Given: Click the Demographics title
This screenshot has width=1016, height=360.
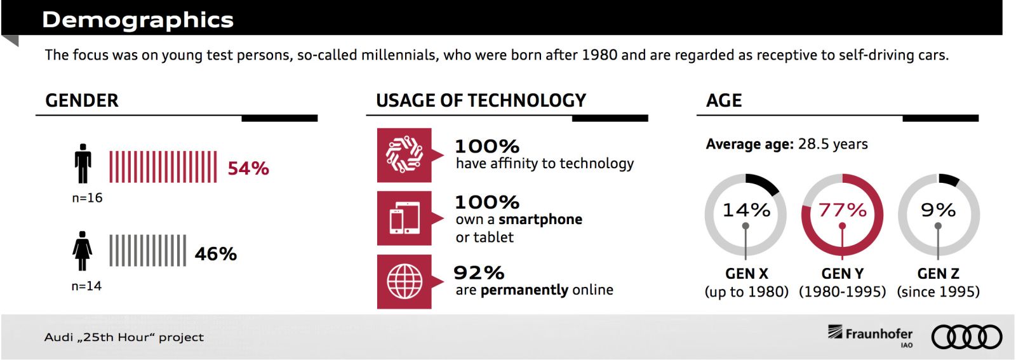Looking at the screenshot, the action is tap(137, 20).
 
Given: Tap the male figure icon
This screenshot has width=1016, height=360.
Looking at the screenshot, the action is tap(83, 163).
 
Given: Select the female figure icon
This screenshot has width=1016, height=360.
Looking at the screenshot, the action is tap(82, 251).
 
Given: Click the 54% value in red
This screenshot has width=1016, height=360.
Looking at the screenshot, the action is tap(248, 168).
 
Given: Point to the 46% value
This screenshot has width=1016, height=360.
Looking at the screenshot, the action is tap(215, 254).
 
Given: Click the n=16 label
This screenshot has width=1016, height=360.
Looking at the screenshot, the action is tap(87, 197).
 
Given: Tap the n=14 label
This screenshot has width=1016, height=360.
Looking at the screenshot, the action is tap(86, 286).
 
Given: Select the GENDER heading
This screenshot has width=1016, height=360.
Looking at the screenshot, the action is tap(82, 100).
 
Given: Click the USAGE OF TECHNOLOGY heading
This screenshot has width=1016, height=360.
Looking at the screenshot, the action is tap(481, 100).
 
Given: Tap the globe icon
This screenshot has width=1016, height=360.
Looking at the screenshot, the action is tap(404, 281).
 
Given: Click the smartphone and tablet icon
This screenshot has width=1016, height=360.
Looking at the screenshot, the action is tap(404, 218).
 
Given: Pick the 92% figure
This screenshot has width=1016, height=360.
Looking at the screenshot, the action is tap(479, 273).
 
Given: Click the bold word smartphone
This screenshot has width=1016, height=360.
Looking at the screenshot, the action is tap(540, 220).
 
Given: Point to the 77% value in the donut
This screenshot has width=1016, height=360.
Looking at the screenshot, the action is tap(842, 210).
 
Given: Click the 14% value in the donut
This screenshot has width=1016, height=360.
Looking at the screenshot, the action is tap(746, 210).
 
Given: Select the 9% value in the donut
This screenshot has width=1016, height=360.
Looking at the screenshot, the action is tap(938, 210).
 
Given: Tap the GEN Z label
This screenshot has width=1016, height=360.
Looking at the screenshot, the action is tap(938, 274).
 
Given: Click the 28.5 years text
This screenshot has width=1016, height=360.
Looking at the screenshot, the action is tap(832, 144).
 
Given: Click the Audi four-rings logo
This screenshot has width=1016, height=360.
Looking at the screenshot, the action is tap(966, 337).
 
